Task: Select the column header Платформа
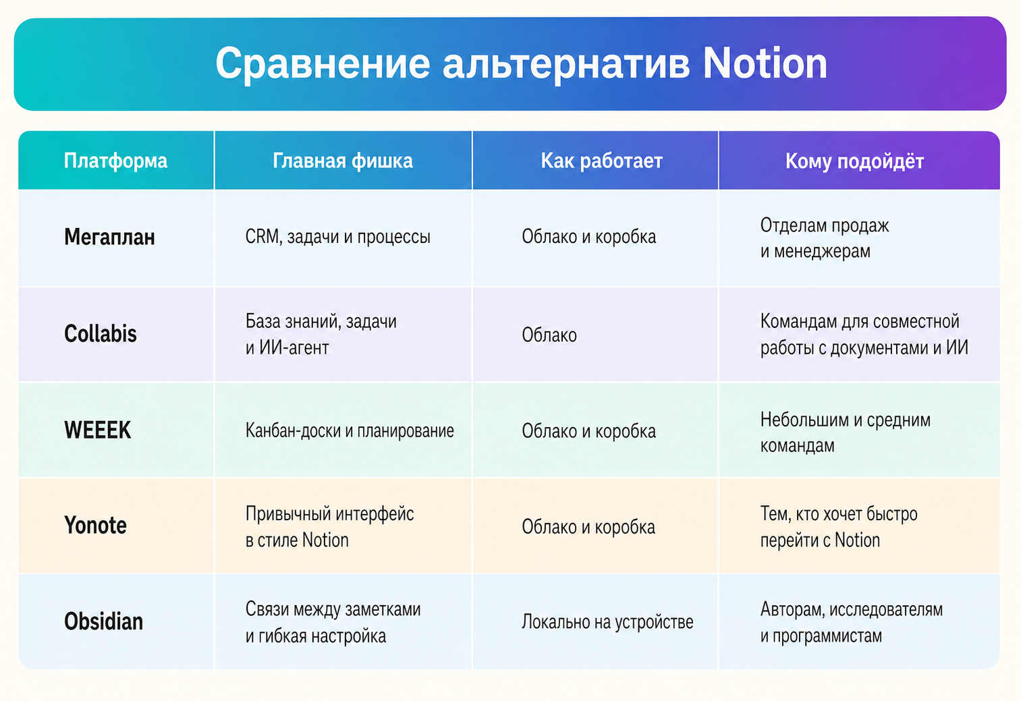(x=115, y=161)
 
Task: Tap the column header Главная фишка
(x=343, y=161)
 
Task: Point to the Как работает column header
(x=602, y=161)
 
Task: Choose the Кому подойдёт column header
(x=854, y=161)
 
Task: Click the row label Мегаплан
(x=109, y=237)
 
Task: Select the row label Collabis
(x=101, y=334)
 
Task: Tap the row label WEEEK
(x=98, y=430)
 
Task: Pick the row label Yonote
(x=95, y=525)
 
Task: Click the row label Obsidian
(x=103, y=621)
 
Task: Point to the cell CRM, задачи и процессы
(x=338, y=237)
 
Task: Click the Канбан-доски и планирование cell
(x=350, y=430)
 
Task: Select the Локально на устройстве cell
(x=607, y=621)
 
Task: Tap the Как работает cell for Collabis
(x=549, y=335)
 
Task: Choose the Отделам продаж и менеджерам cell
(x=825, y=238)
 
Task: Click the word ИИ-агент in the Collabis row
(x=294, y=347)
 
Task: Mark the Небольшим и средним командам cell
(x=845, y=432)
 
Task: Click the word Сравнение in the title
(x=323, y=64)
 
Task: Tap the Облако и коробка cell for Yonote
(x=588, y=527)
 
